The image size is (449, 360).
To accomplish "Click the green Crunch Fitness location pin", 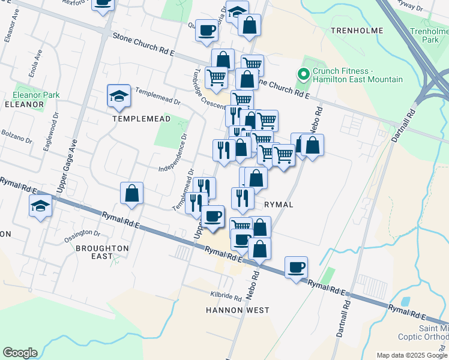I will click(304, 75).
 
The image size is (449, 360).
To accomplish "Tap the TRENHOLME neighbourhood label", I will click(357, 29).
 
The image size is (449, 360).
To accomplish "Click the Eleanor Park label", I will click(37, 95).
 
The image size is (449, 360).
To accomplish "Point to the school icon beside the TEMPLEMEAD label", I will click(119, 96).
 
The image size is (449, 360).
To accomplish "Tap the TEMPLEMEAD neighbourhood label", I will click(142, 119).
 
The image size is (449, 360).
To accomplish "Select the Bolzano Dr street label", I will click(16, 136).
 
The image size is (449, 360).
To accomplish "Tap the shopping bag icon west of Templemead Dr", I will click(131, 193).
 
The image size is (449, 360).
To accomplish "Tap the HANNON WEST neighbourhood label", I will click(237, 310).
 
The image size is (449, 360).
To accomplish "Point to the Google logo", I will click(20, 353).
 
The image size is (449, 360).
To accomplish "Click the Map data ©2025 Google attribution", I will click(411, 355).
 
